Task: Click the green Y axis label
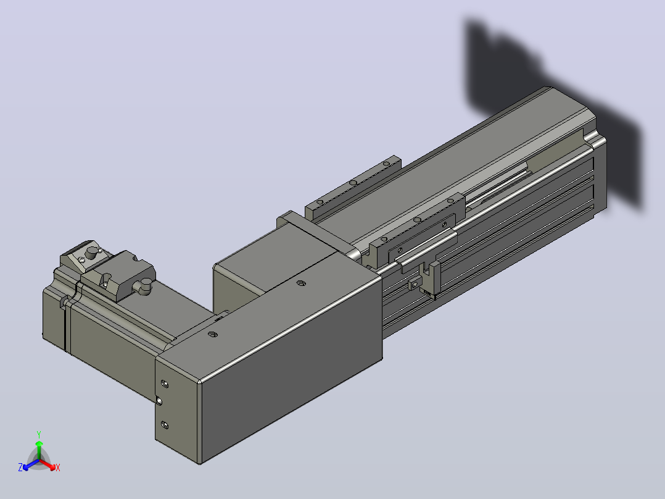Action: (x=39, y=434)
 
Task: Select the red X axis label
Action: (x=58, y=468)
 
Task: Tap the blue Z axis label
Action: (x=20, y=467)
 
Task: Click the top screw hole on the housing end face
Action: (x=165, y=385)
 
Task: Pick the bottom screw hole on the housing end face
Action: (x=165, y=425)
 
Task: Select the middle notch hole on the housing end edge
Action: (x=159, y=401)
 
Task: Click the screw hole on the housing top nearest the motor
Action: (x=213, y=335)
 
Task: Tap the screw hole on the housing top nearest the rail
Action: (x=300, y=283)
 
